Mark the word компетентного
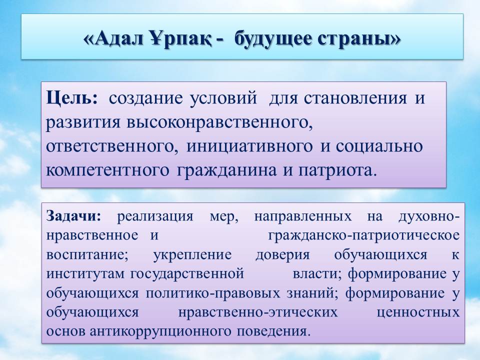tap(107, 170)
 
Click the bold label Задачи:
tap(73, 217)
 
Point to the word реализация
tap(155, 217)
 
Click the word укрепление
tap(192, 255)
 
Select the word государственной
tap(187, 274)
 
